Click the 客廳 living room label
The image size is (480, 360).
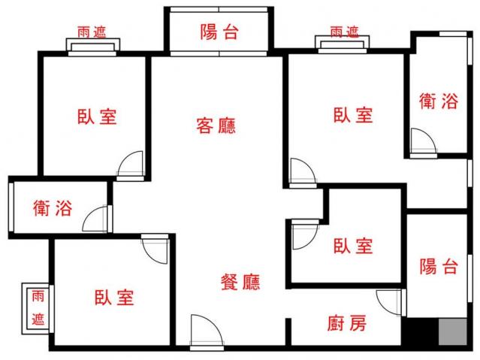[216, 126]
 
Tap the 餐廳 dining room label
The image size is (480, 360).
[240, 282]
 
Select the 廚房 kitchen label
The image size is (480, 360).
[347, 323]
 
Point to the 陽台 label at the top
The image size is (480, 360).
[219, 32]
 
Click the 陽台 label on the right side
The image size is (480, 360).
[439, 266]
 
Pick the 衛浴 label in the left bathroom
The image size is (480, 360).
[53, 207]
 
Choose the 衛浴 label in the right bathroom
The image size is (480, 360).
[439, 101]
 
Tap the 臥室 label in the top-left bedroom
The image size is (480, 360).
[97, 116]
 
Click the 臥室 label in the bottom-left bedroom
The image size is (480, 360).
[114, 297]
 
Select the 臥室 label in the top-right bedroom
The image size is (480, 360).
[353, 115]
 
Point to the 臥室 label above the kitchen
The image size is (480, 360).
[353, 246]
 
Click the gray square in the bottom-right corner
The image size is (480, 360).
[453, 332]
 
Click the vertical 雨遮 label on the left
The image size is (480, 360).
[38, 308]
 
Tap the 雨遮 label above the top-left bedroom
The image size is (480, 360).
[92, 32]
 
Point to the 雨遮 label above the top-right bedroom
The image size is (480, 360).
[344, 32]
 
